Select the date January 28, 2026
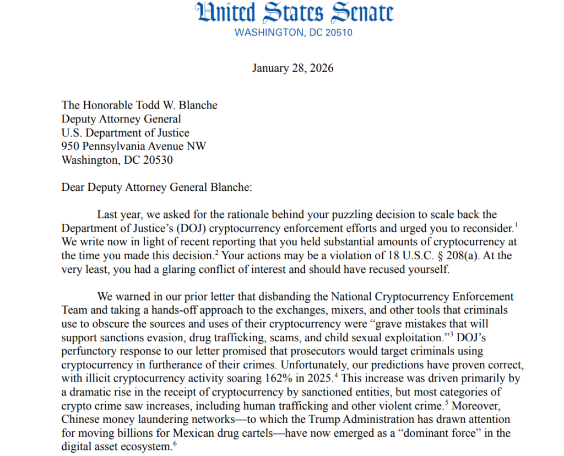292,68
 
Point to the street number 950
70,147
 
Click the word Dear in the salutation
74,187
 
